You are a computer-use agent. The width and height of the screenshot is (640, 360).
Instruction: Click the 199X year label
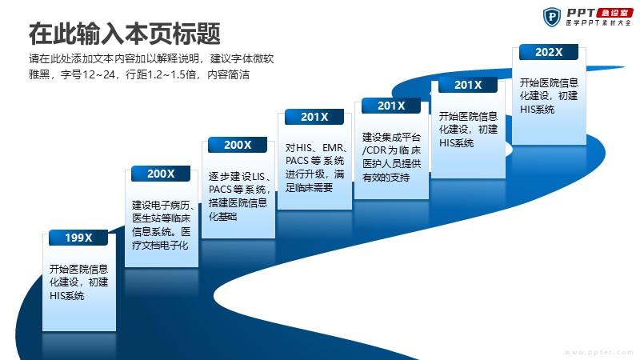[78, 238]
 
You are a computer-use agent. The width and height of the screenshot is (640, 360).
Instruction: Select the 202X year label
[549, 52]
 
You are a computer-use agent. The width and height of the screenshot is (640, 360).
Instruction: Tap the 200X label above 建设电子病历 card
[161, 174]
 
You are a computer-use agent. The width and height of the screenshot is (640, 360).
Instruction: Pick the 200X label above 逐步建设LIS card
[238, 145]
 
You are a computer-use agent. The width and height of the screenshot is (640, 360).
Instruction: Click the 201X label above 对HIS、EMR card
[314, 117]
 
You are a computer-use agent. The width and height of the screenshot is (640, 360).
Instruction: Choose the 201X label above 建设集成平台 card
[391, 106]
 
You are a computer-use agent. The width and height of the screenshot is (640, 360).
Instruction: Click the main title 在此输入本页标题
[125, 34]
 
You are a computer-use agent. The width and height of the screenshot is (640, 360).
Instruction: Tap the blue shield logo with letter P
[552, 17]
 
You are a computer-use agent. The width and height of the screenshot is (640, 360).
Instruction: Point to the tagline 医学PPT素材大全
[598, 23]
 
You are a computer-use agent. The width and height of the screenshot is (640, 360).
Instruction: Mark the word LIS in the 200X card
[258, 176]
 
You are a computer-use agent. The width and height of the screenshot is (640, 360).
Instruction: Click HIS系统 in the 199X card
[67, 295]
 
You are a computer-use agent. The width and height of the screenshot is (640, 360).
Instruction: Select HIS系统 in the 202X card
[537, 110]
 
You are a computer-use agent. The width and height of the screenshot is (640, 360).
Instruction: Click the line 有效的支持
[386, 177]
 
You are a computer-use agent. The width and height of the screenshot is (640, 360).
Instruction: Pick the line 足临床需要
[309, 188]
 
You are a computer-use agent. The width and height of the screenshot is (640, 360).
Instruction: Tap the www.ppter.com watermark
[598, 352]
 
